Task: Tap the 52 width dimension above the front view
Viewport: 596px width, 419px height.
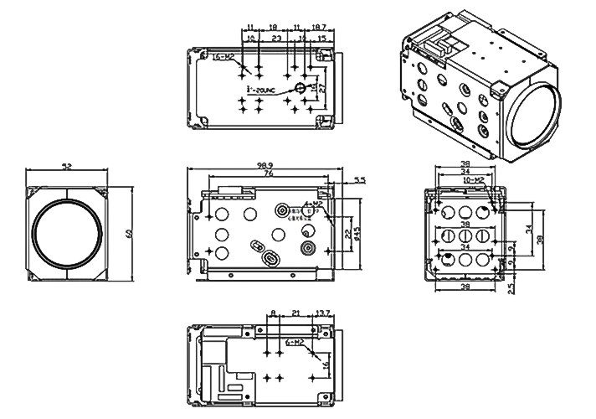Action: point(67,168)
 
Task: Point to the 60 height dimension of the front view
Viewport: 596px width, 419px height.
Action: point(130,233)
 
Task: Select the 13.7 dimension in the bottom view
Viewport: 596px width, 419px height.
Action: point(322,314)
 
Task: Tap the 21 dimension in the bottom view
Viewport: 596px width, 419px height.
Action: point(295,314)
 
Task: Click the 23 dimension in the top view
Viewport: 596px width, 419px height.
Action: point(276,39)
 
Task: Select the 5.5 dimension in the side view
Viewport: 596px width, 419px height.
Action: point(360,180)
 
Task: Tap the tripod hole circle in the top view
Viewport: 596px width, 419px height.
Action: point(299,88)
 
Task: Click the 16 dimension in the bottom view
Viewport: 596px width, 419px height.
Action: point(326,366)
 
